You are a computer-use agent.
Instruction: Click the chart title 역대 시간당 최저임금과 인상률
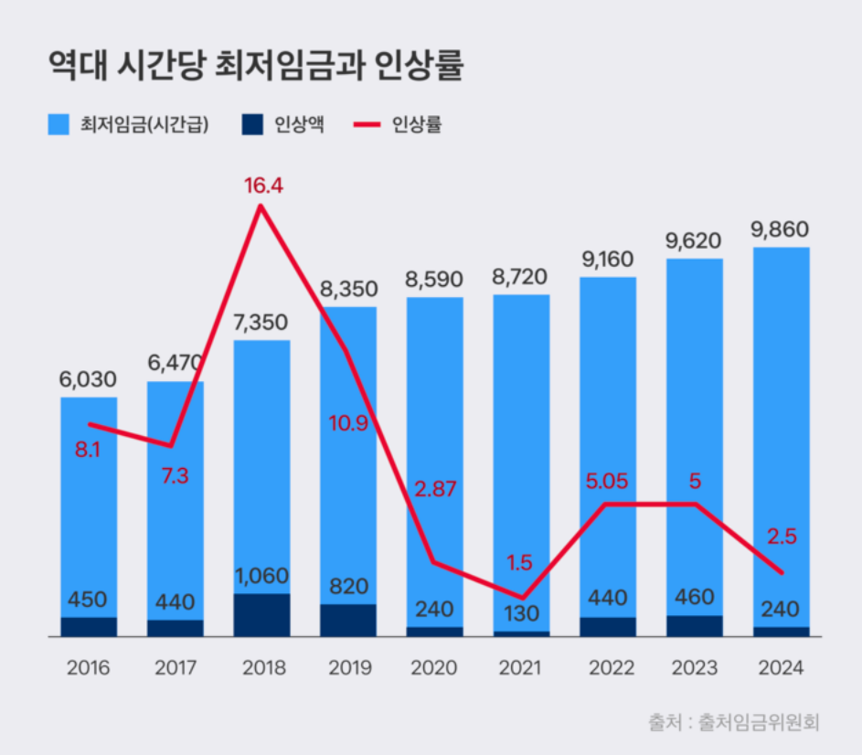tap(255, 68)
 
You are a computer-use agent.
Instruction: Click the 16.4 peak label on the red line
tap(263, 186)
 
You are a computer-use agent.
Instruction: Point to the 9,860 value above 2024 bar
tap(780, 229)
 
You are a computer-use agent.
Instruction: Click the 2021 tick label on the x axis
tap(520, 668)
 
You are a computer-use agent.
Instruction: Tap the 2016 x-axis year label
tap(89, 668)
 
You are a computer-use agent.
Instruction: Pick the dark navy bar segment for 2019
tap(347, 620)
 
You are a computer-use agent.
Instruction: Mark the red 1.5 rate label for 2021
tap(521, 561)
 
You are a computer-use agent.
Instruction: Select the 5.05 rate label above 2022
tap(607, 482)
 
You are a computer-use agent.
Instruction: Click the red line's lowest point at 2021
tap(522, 598)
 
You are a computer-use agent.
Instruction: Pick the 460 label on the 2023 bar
tap(694, 599)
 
